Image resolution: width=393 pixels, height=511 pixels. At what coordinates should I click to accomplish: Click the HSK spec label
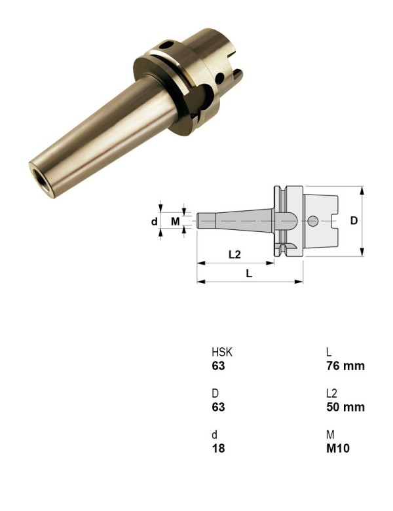[221, 352]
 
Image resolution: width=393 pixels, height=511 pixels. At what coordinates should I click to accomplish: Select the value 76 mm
[345, 366]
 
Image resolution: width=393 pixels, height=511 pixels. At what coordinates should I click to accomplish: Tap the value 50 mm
[345, 407]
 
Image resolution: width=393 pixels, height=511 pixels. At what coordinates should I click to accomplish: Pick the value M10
[338, 449]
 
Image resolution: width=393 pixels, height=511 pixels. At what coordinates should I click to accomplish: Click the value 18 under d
[217, 449]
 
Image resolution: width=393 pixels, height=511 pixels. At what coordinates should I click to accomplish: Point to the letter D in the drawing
[354, 221]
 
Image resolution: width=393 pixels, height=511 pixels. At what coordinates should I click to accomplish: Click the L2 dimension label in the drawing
[235, 254]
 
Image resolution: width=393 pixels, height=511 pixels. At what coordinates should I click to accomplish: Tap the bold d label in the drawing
[155, 221]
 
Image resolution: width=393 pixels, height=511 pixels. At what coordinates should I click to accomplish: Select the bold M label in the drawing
[175, 221]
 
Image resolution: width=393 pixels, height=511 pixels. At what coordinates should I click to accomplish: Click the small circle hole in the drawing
[313, 221]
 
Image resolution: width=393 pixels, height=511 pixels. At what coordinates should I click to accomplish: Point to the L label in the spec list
[329, 352]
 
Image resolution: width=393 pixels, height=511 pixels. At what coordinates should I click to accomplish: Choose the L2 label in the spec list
[331, 393]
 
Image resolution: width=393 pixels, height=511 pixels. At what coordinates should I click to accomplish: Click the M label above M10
[330, 435]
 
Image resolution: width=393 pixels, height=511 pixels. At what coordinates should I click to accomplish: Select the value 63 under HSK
[217, 366]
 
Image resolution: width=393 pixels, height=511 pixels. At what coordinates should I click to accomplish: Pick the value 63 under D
[217, 407]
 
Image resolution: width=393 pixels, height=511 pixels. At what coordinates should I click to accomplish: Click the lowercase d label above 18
[214, 435]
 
